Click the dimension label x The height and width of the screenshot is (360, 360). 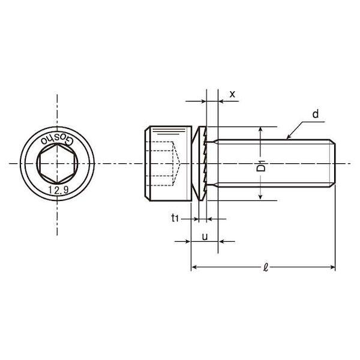[232, 94]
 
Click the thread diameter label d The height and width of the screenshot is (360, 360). [316, 114]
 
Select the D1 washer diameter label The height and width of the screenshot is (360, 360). [261, 166]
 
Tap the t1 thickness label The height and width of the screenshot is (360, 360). [175, 218]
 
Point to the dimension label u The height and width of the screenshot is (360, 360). [205, 237]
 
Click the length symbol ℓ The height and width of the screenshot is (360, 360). [266, 268]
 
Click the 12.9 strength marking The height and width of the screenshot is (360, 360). [58, 190]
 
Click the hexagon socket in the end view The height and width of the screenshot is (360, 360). [57, 163]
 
